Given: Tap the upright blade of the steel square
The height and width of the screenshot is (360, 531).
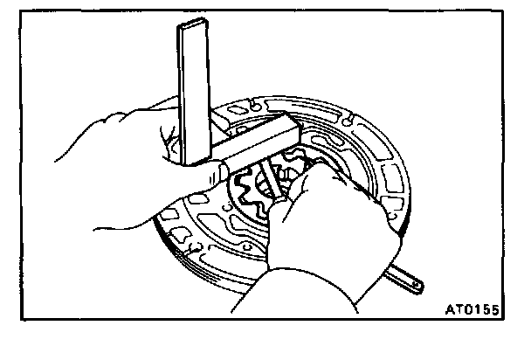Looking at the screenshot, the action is pyautogui.click(x=195, y=87).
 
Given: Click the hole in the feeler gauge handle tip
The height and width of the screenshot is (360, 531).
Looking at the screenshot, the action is pyautogui.click(x=416, y=284).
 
